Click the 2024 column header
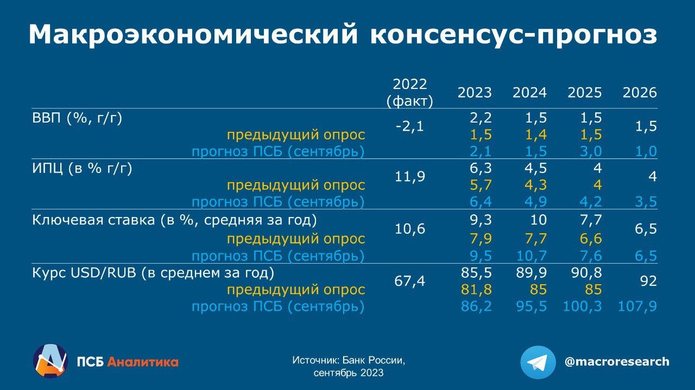pyautogui.click(x=529, y=93)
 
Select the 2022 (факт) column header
pyautogui.click(x=409, y=93)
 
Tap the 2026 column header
pyautogui.click(x=640, y=93)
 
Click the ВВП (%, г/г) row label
pyautogui.click(x=77, y=118)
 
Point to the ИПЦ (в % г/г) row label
pyautogui.click(x=82, y=169)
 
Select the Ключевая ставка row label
pyautogui.click(x=175, y=220)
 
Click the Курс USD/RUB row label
pyautogui.click(x=153, y=273)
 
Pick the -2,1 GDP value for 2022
pyautogui.click(x=409, y=126)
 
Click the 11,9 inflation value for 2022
pyautogui.click(x=409, y=177)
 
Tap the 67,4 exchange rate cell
pyautogui.click(x=409, y=282)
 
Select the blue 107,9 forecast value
pyautogui.click(x=637, y=306)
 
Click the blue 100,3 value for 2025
pyautogui.click(x=582, y=306)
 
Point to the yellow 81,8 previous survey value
pyautogui.click(x=476, y=290)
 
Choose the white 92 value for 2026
pyautogui.click(x=648, y=282)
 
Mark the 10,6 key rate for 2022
pyautogui.click(x=409, y=229)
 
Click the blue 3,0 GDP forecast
pyautogui.click(x=591, y=151)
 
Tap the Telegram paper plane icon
pyautogui.click(x=538, y=362)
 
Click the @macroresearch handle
pyautogui.click(x=617, y=362)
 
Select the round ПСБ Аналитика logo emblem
pyautogui.click(x=50, y=361)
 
